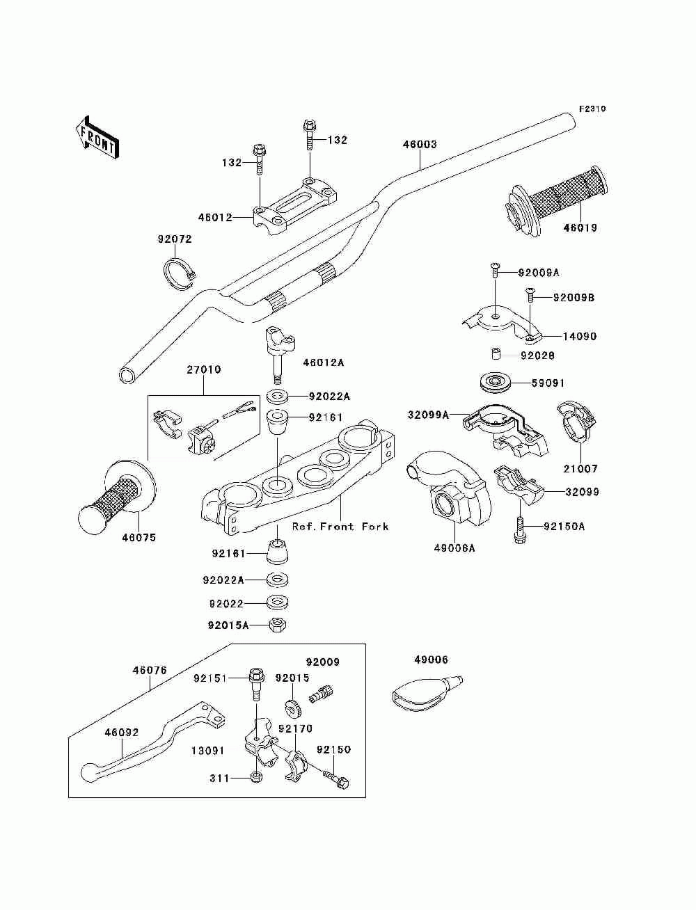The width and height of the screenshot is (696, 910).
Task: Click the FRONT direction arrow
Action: [x=97, y=138]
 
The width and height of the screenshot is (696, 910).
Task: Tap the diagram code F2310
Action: [x=592, y=109]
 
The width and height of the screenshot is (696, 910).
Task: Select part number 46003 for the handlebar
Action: [x=420, y=144]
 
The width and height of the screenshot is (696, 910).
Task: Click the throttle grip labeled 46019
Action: [x=557, y=202]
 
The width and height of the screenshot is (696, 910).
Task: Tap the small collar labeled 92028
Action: [x=495, y=354]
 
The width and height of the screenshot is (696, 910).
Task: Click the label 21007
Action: [x=580, y=469]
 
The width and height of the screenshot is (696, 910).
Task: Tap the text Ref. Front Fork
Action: [x=340, y=527]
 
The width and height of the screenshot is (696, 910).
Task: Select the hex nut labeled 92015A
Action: [x=278, y=625]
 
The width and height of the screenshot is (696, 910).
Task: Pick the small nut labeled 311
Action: [x=257, y=776]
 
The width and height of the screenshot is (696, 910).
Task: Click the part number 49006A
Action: [x=454, y=548]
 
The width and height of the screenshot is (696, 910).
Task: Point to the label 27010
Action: [x=203, y=369]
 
